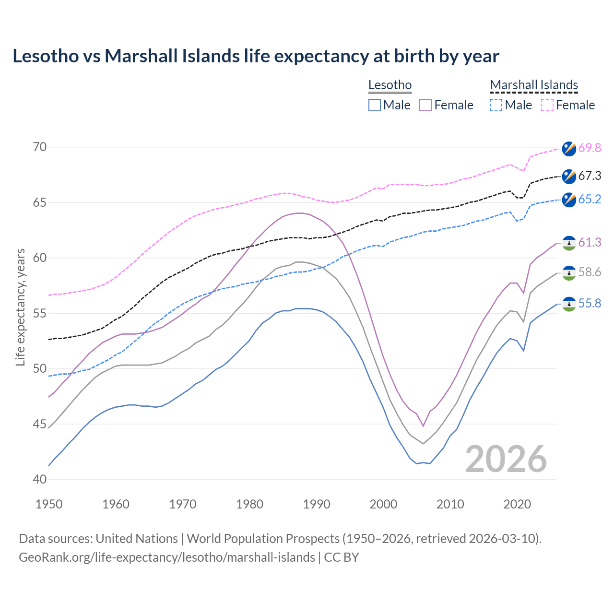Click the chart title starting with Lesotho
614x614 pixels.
click(256, 56)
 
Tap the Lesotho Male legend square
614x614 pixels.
click(375, 105)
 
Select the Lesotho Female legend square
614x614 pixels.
click(425, 105)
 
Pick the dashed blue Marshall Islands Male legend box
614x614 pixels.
click(496, 105)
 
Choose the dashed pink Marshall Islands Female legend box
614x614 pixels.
click(547, 105)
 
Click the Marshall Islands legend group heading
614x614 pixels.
click(534, 85)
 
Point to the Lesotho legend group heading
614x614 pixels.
click(390, 85)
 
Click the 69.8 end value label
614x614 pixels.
click(590, 148)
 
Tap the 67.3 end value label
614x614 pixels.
click(590, 176)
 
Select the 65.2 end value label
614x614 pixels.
click(590, 199)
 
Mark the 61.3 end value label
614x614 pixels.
click(590, 243)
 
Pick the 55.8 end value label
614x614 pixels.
click(590, 304)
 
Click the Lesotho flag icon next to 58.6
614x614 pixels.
click(569, 272)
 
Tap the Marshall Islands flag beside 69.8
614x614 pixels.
click(569, 148)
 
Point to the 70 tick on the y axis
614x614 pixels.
click(40, 147)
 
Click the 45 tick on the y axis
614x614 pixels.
click(40, 424)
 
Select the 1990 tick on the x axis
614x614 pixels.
click(317, 504)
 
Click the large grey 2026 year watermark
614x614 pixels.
click(506, 459)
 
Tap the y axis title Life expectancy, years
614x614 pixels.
click(21, 307)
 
